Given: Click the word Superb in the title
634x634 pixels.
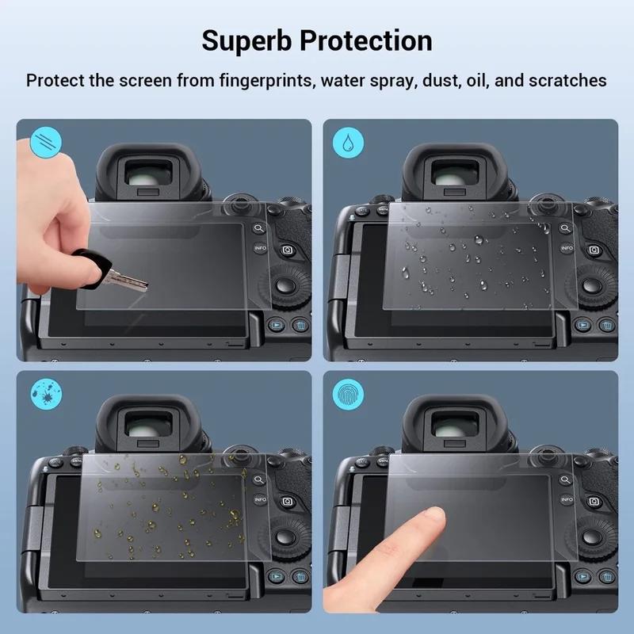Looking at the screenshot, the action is point(246,41).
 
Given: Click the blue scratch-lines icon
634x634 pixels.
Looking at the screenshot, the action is point(46,142).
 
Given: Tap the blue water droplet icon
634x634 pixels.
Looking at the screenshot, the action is point(348,142).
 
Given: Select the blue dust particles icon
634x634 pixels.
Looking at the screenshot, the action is point(47,394).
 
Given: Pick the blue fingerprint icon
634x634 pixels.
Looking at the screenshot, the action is point(348,394).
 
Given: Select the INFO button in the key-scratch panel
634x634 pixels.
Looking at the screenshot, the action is point(261,247).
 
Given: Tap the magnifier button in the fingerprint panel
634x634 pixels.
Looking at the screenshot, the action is point(565,480).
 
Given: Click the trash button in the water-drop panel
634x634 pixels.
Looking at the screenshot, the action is point(606,325).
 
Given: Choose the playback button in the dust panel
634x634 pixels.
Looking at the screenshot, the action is point(276,577).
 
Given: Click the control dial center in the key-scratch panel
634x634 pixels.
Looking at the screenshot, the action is point(286,285).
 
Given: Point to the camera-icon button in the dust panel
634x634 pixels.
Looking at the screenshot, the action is point(287,502).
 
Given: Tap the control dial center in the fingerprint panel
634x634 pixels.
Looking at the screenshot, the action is point(592,537).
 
